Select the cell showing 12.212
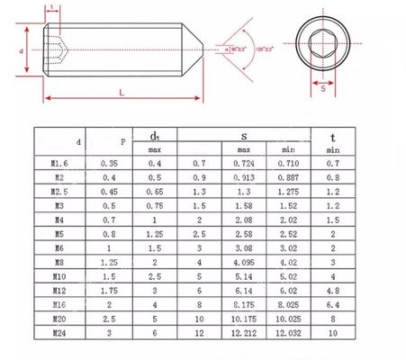244,331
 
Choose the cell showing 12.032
288,331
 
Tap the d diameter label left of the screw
22,51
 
